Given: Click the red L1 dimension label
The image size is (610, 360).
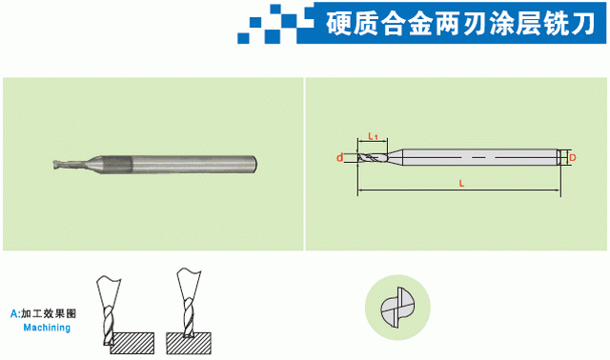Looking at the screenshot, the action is point(373,136).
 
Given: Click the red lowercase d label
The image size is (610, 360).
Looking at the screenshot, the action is point(340,158).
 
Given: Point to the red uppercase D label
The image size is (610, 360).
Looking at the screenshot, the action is point(572,158).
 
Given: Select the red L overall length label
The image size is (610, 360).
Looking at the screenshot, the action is point(461,184).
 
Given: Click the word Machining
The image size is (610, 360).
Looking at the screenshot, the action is point(47,328).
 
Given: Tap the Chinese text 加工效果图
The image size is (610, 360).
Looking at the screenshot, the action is point(49,313).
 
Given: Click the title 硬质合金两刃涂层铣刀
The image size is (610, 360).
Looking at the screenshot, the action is point(460,23).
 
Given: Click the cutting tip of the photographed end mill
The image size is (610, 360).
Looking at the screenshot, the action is point(54,165).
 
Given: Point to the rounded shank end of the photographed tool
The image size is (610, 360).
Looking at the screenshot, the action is point(254,164).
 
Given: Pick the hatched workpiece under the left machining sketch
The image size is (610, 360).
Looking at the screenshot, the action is point(132,343).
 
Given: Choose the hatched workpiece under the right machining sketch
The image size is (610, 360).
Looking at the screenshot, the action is point(189,343).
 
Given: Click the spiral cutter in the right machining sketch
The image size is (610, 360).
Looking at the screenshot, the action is point(189,318).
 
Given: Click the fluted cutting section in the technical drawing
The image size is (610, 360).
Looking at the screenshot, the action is point(373,158).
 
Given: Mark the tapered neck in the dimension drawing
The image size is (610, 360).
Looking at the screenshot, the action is point(395,157).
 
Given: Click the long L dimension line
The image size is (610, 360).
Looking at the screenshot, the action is point(459,190).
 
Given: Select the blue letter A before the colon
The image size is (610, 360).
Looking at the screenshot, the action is point(14,313).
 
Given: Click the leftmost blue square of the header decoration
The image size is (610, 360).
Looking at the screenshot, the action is point(244,38).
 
